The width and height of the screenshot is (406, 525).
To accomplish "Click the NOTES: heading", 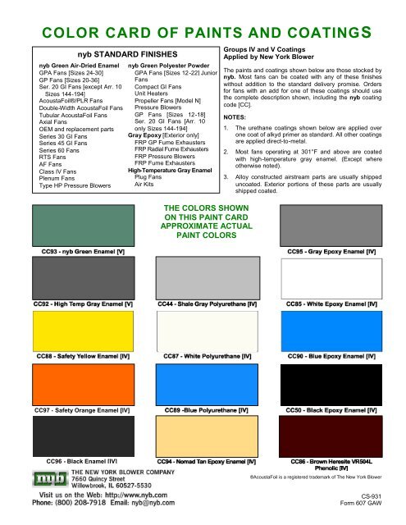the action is (236, 117).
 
